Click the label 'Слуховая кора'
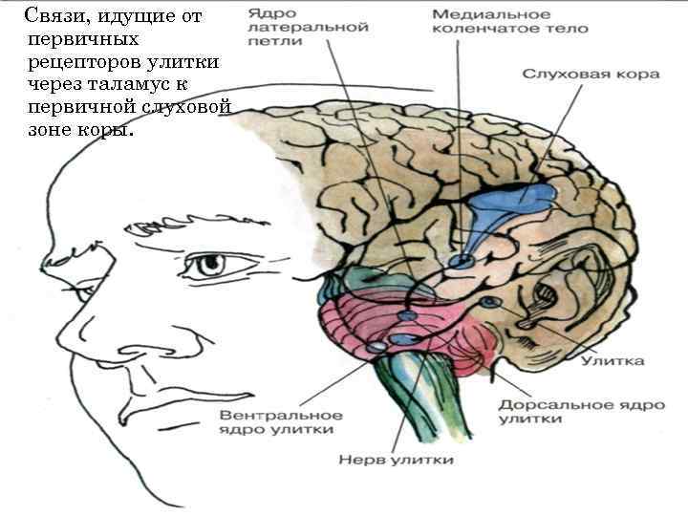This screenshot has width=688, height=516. tap(591, 74)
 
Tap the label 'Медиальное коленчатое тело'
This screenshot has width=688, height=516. tap(509, 21)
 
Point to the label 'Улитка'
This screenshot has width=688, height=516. tap(613, 360)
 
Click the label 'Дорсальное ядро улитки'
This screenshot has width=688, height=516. tap(581, 411)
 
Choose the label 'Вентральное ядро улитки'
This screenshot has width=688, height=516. tap(281, 422)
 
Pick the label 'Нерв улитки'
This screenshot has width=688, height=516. tap(396, 461)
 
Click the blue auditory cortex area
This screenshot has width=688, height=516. tap(516, 202)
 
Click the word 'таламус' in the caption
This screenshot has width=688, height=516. tap(118, 84)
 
